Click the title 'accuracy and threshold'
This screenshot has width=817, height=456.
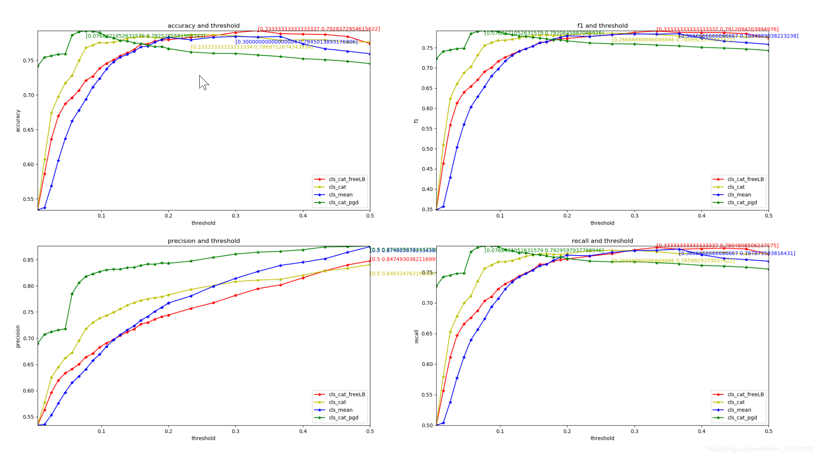[x=203, y=26]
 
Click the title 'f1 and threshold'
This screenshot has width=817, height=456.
[x=602, y=26]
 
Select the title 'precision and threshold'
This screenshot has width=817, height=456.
[x=203, y=241]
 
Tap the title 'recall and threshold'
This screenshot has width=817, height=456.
[x=602, y=241]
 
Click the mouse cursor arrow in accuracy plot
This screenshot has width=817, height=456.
[x=203, y=82]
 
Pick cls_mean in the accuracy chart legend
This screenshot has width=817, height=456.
[x=340, y=195]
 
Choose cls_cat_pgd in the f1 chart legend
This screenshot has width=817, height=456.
[x=742, y=202]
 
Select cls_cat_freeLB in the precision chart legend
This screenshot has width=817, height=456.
[x=346, y=394]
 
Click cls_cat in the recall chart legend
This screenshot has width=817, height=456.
[x=736, y=402]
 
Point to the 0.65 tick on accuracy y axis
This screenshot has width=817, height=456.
[x=28, y=130]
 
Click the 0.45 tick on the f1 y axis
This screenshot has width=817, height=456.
[x=427, y=169]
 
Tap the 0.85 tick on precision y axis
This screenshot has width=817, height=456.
[x=28, y=260]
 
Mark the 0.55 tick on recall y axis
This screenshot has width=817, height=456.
[x=427, y=395]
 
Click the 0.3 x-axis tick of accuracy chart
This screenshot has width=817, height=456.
[x=236, y=216]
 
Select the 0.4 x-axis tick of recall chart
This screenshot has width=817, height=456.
[x=702, y=431]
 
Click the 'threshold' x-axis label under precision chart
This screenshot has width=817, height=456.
[x=203, y=438]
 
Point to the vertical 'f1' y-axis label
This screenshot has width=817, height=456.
[x=416, y=121]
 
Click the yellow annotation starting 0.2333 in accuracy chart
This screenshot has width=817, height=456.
[x=252, y=47]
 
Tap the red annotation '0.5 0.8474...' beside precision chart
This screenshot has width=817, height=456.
[x=403, y=259]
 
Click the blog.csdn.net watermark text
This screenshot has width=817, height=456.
[x=759, y=449]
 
